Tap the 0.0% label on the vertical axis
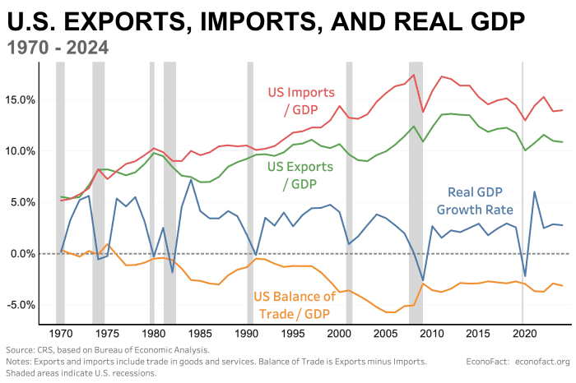click(x=24, y=254)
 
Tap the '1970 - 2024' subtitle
click(x=58, y=47)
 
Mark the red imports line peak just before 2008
click(x=413, y=75)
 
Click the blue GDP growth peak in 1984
click(x=191, y=179)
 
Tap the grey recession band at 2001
click(x=349, y=197)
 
